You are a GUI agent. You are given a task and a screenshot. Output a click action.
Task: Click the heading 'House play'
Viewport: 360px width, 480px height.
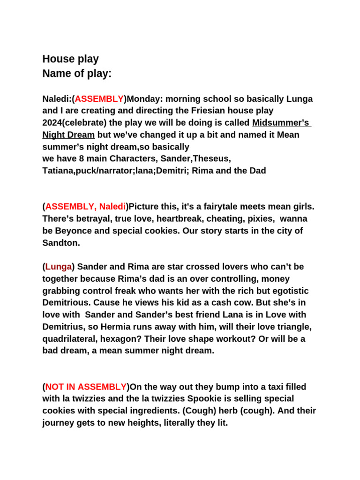70,59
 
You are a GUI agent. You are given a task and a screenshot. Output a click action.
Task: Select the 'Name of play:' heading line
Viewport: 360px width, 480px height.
77,74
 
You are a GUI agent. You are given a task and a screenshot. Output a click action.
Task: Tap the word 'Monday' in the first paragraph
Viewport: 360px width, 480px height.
142,99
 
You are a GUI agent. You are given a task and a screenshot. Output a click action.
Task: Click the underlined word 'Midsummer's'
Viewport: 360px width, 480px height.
281,123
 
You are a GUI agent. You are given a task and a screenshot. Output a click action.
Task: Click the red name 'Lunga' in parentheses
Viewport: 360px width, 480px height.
59,267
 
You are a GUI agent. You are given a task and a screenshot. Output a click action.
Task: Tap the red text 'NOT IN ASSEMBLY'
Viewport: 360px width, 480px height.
86,387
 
